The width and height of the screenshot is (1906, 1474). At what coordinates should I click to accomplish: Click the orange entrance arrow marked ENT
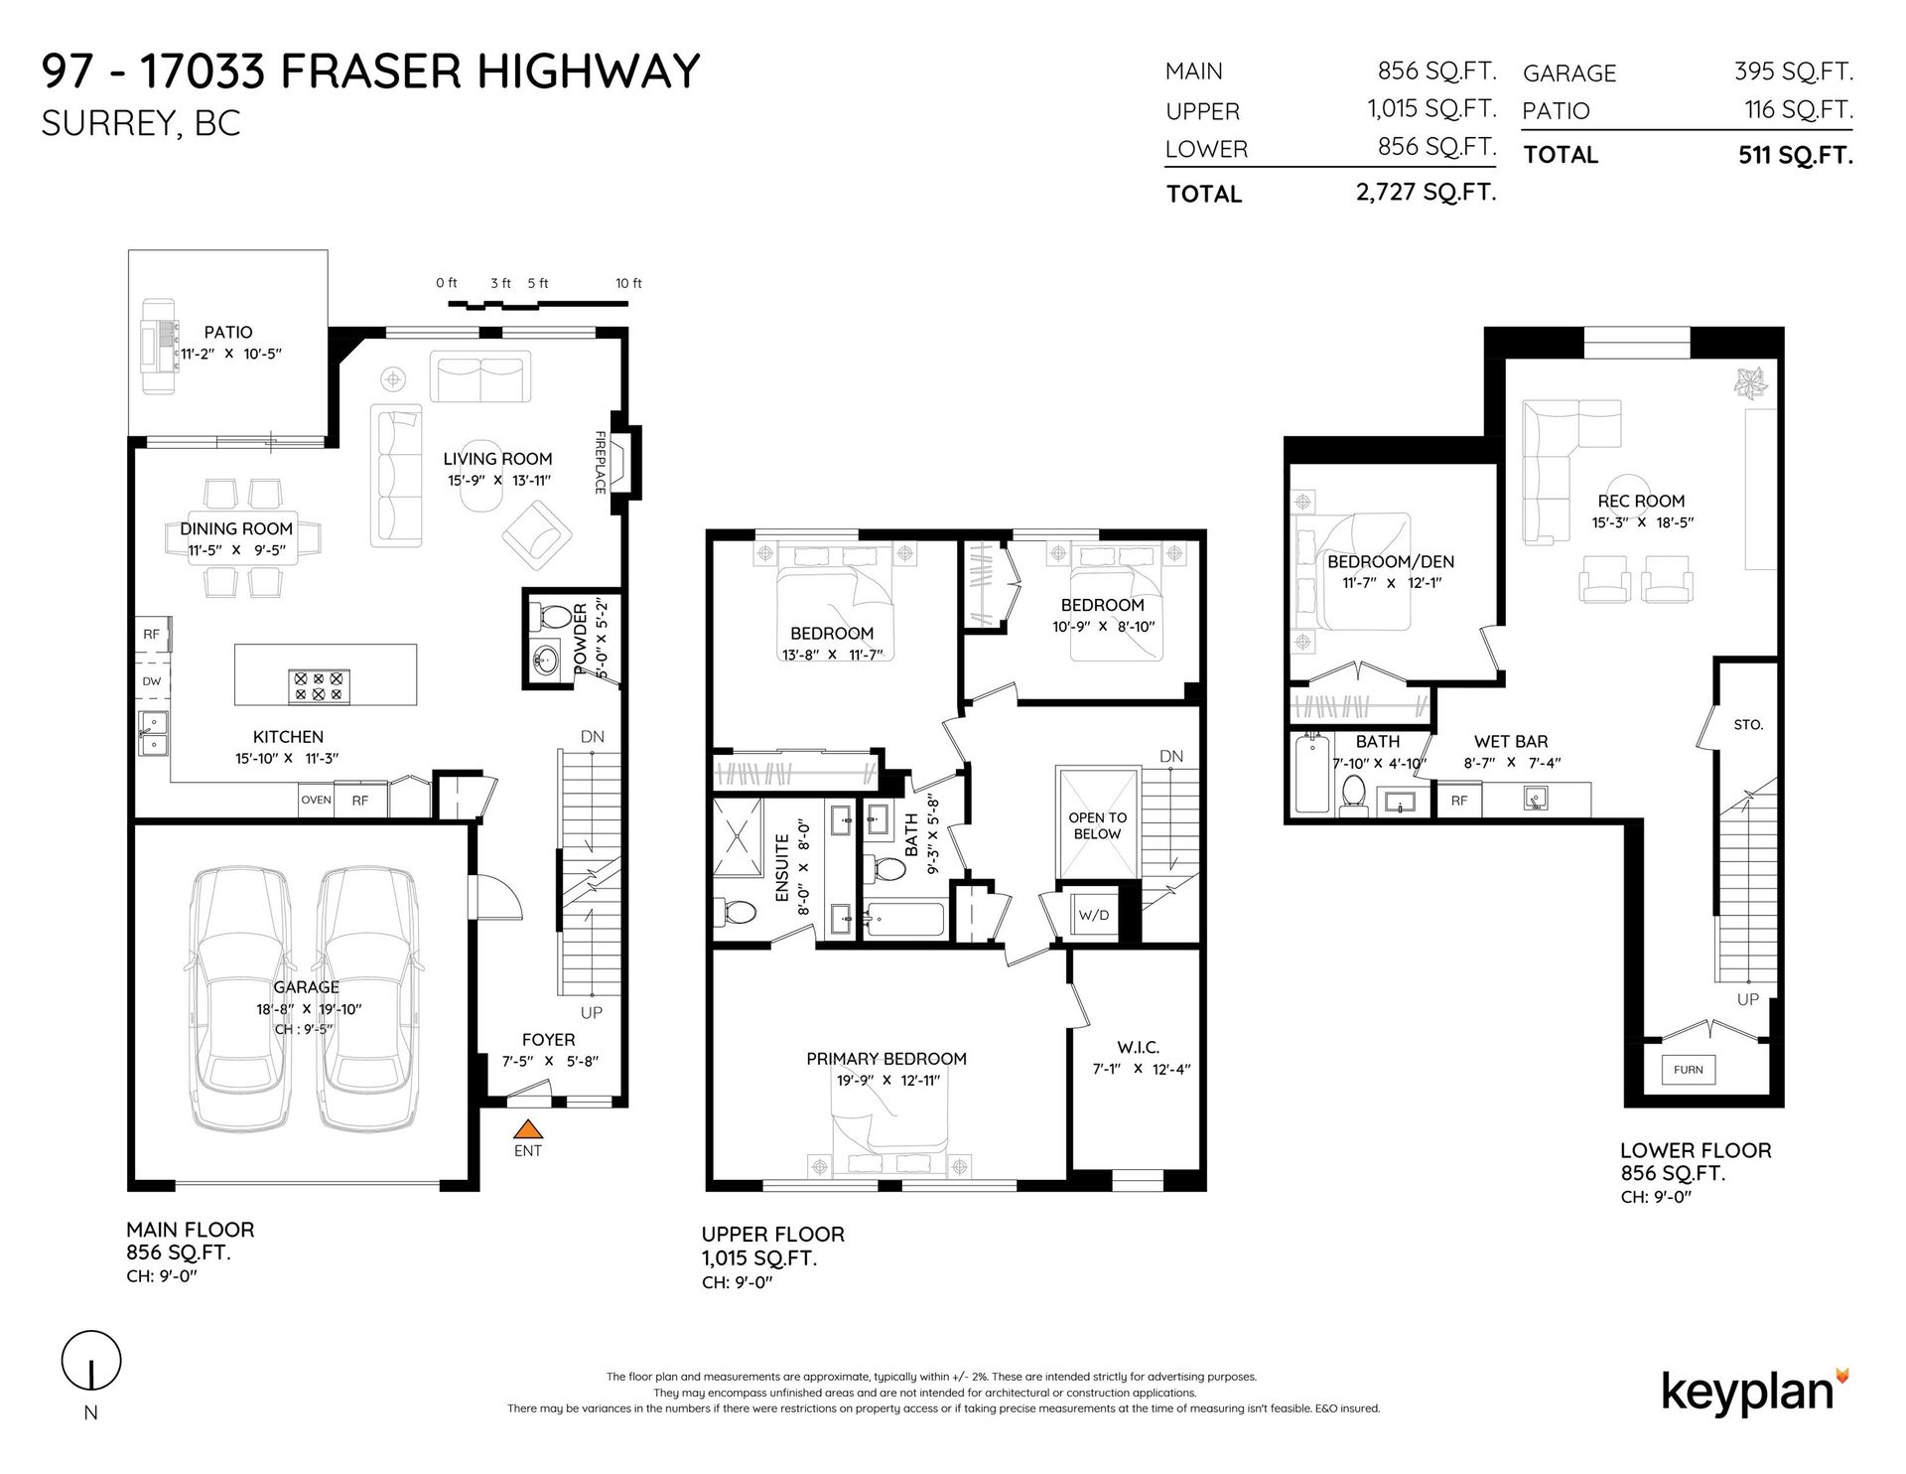coord(529,1128)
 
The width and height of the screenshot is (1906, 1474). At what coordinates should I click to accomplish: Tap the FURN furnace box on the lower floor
coord(1688,1070)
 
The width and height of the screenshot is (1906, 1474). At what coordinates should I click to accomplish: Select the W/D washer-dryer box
coord(1094,915)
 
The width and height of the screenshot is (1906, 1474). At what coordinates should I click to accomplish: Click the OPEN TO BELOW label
coord(1097,825)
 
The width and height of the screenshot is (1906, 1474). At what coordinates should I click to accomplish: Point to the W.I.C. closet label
coord(1138,1047)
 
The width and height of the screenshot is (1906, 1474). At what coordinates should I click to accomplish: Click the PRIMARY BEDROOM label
coord(886,1059)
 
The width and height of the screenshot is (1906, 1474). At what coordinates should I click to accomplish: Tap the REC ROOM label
coord(1641,502)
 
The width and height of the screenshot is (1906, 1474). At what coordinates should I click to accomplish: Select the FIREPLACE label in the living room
coord(601,462)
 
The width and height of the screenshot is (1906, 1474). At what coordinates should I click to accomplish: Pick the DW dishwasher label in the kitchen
coord(152,681)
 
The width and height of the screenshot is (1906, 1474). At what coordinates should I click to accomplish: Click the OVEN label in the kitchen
coord(317,800)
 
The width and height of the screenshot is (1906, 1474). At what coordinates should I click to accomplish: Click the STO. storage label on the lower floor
coord(1748,725)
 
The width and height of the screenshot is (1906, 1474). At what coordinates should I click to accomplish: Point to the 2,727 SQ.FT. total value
coord(1426,192)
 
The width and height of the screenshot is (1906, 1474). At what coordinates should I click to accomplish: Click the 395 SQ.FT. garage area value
coord(1794,72)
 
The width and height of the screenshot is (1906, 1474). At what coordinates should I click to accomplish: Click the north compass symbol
coord(91,1361)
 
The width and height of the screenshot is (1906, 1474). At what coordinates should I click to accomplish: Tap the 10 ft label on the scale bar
coord(628,283)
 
